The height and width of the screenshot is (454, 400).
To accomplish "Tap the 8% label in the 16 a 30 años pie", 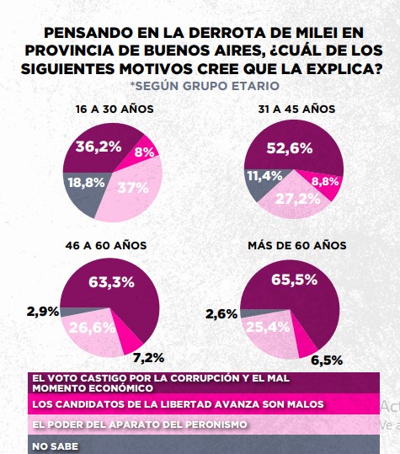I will click(x=145, y=153).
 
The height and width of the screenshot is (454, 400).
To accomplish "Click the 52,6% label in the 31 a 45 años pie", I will click(x=290, y=148).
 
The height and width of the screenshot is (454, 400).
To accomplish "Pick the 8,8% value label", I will click(x=325, y=180).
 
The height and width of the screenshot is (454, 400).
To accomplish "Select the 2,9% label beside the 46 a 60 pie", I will click(x=44, y=311).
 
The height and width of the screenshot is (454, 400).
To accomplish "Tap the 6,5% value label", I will click(x=327, y=360).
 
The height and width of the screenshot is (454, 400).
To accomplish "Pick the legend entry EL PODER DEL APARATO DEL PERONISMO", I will click(x=138, y=425).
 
